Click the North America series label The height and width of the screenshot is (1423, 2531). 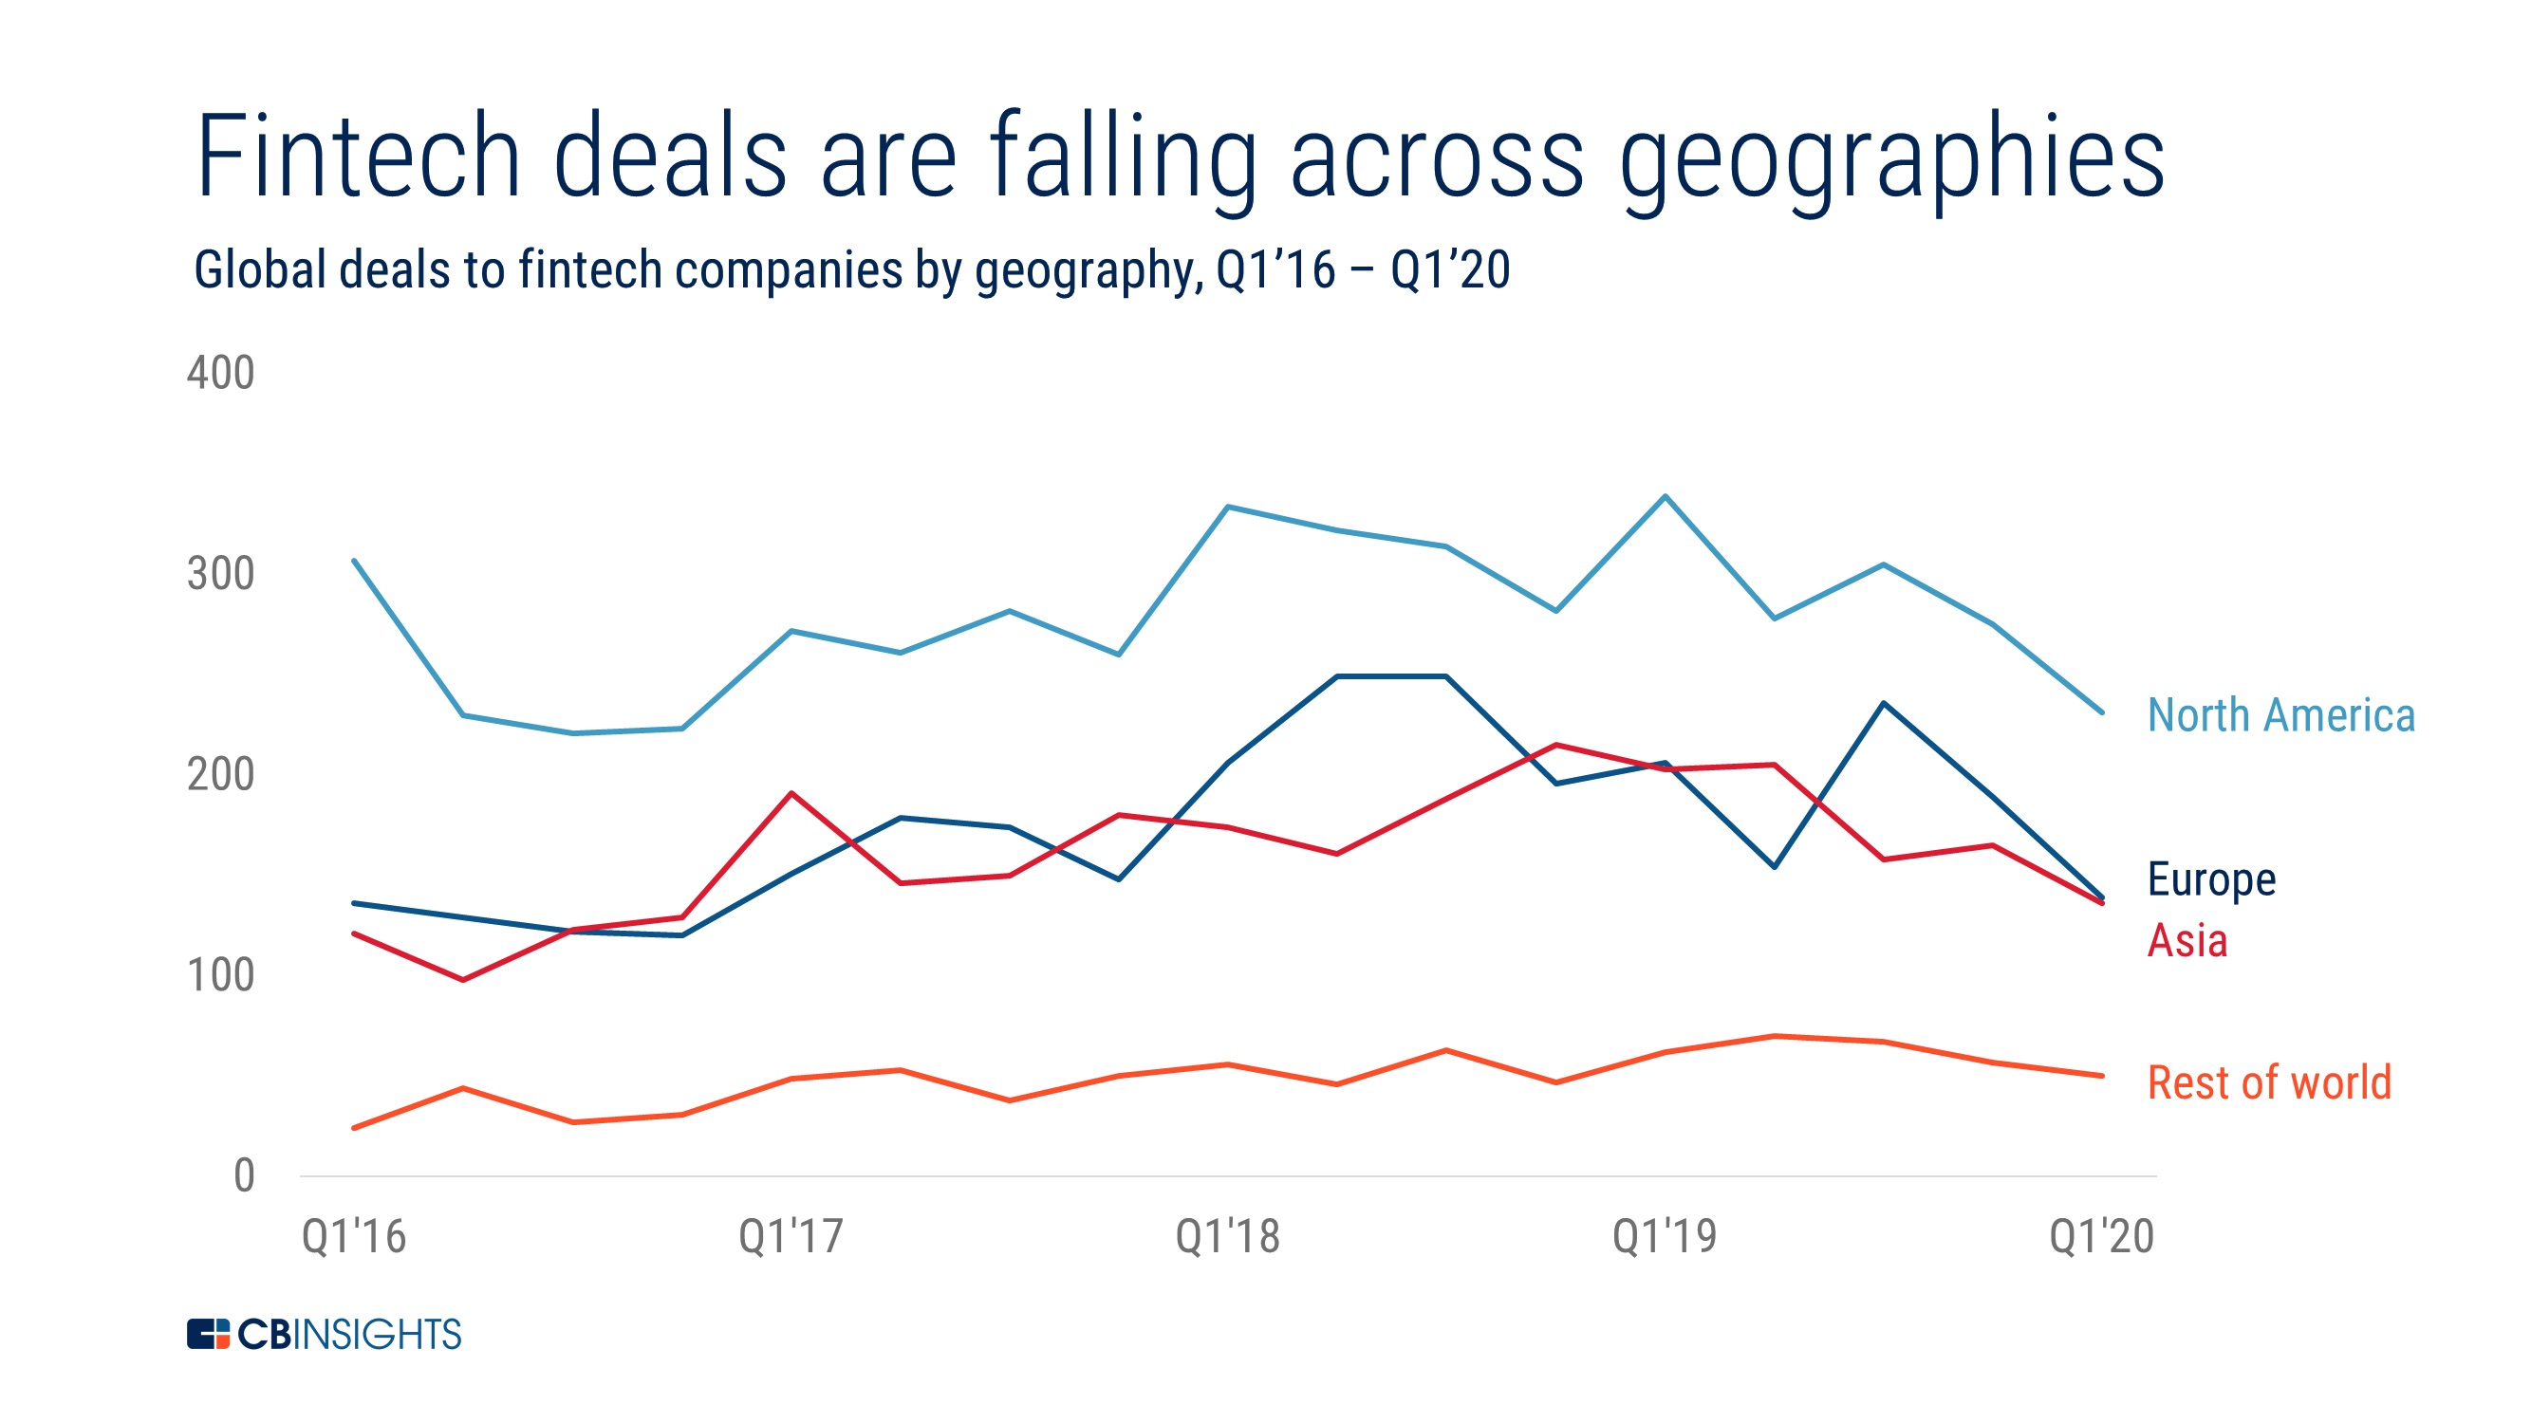pyautogui.click(x=2280, y=715)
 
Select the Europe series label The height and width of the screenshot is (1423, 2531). pyautogui.click(x=2210, y=879)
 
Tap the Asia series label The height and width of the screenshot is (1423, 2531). pyautogui.click(x=2187, y=941)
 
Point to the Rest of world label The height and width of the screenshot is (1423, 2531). pyautogui.click(x=2269, y=1082)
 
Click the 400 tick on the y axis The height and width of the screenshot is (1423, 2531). pyautogui.click(x=220, y=373)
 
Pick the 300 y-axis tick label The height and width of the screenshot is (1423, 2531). pyautogui.click(x=220, y=574)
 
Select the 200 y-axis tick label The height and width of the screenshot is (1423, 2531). pyautogui.click(x=220, y=775)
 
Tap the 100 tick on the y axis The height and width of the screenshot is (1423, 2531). pyautogui.click(x=220, y=975)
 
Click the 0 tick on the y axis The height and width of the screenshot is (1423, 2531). pyautogui.click(x=244, y=1175)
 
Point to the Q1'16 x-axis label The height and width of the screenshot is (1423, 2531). pyautogui.click(x=354, y=1236)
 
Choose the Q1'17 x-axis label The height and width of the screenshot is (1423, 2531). pyautogui.click(x=791, y=1236)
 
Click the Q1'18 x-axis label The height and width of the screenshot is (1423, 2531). pyautogui.click(x=1227, y=1236)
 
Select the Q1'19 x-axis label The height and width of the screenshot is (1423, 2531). pyautogui.click(x=1665, y=1236)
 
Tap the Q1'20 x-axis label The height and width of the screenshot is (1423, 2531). pyautogui.click(x=2101, y=1236)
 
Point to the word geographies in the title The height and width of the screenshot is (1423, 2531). pyautogui.click(x=1890, y=162)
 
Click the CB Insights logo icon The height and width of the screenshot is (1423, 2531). pyautogui.click(x=207, y=1335)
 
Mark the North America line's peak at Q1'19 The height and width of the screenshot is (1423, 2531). pyautogui.click(x=1665, y=497)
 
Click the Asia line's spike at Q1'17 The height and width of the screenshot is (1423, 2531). pyautogui.click(x=791, y=793)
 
